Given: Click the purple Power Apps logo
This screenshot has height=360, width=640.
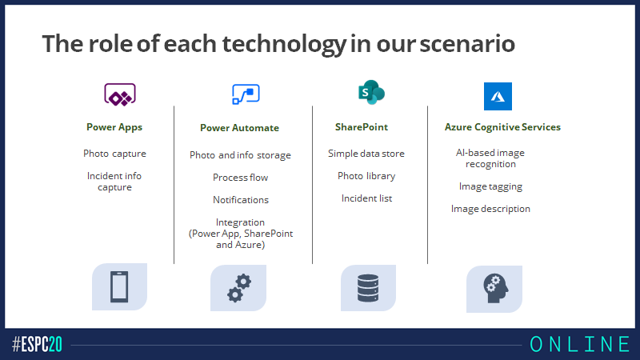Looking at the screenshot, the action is (x=119, y=94).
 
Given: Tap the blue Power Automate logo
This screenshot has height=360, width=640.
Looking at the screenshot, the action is (x=246, y=94).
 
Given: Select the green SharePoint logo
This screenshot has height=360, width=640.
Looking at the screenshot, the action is (x=371, y=92).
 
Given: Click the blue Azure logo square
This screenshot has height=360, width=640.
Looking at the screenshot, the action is (x=498, y=96).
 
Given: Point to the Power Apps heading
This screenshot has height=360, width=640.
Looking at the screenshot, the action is (x=114, y=127).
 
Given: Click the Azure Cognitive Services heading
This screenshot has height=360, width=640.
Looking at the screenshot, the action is (x=502, y=127).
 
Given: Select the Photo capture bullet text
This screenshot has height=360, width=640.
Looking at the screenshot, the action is (x=114, y=154).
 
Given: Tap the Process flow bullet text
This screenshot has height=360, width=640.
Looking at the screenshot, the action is (x=241, y=178).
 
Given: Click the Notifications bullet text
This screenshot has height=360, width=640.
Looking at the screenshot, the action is (x=241, y=200).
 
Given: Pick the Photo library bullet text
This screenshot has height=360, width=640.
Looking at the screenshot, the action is (x=366, y=176).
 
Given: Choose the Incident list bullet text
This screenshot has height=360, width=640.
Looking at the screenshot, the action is (x=366, y=198).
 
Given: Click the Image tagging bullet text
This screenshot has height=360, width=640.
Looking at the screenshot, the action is (x=490, y=186).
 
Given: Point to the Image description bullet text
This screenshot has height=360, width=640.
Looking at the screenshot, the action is (x=490, y=209).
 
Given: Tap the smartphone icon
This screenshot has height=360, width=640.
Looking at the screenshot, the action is (x=119, y=286).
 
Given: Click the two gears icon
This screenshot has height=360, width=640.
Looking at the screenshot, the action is (x=239, y=288).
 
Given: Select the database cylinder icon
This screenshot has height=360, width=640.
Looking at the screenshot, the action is (x=368, y=288).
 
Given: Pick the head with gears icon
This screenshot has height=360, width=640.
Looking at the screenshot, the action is (x=496, y=288).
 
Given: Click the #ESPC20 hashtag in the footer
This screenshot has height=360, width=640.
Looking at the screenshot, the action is (x=37, y=345).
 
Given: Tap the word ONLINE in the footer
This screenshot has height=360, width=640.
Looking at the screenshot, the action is (x=580, y=345).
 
